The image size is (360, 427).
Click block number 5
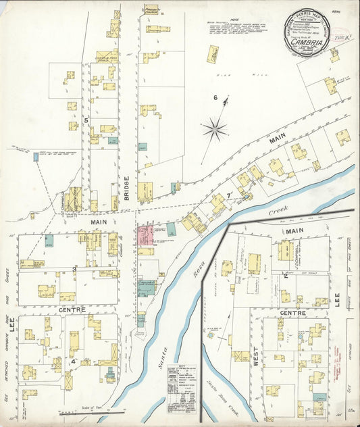click(86, 120)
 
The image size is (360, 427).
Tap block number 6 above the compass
click(215, 98)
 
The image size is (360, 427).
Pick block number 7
click(229, 196)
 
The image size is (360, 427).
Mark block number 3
click(74, 269)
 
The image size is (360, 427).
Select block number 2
click(286, 276)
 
